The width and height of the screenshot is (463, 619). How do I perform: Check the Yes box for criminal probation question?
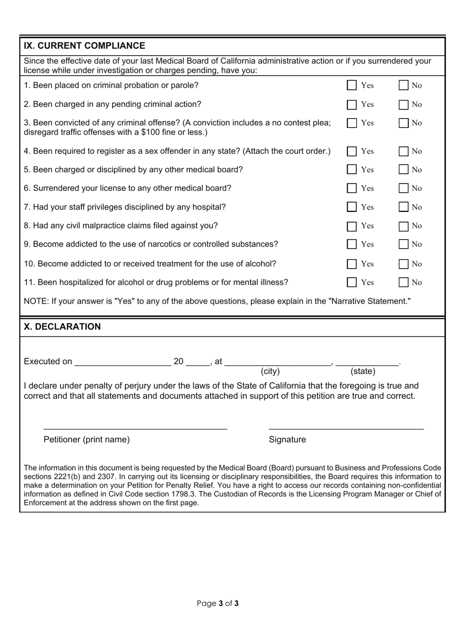(352, 86)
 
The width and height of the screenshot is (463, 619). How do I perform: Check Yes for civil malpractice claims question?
(352, 226)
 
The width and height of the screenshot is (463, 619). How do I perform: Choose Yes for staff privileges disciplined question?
(352, 207)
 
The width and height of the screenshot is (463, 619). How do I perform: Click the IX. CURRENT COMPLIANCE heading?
(85, 46)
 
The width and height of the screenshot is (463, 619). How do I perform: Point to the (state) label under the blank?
(363, 371)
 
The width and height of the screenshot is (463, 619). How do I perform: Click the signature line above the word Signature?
(346, 428)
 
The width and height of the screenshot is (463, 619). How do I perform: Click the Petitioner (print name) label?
(87, 439)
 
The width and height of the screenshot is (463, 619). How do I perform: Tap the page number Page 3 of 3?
(218, 603)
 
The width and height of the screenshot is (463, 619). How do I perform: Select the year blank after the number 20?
(197, 363)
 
